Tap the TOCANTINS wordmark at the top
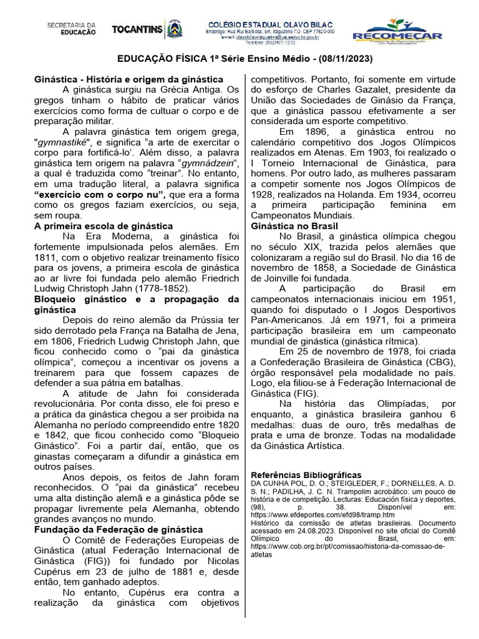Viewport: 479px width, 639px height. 137,29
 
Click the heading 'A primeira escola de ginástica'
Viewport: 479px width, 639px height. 103,226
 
